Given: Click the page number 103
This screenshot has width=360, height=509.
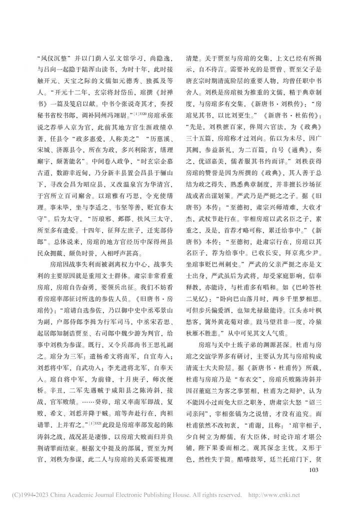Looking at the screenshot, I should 313,469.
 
